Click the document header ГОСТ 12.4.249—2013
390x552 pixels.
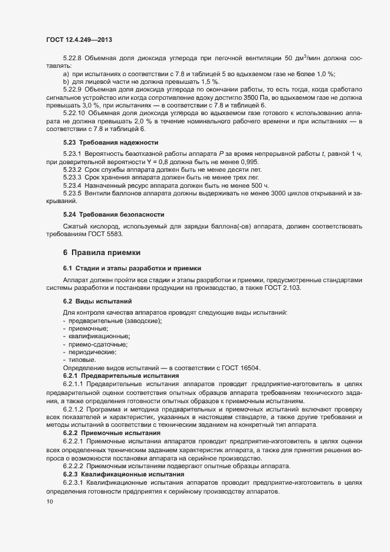(x=78, y=40)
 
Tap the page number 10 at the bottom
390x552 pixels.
(x=49, y=502)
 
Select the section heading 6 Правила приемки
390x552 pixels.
(x=101, y=253)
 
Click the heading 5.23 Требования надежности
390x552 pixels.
(x=110, y=143)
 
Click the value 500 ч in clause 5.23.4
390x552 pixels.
(x=258, y=185)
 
